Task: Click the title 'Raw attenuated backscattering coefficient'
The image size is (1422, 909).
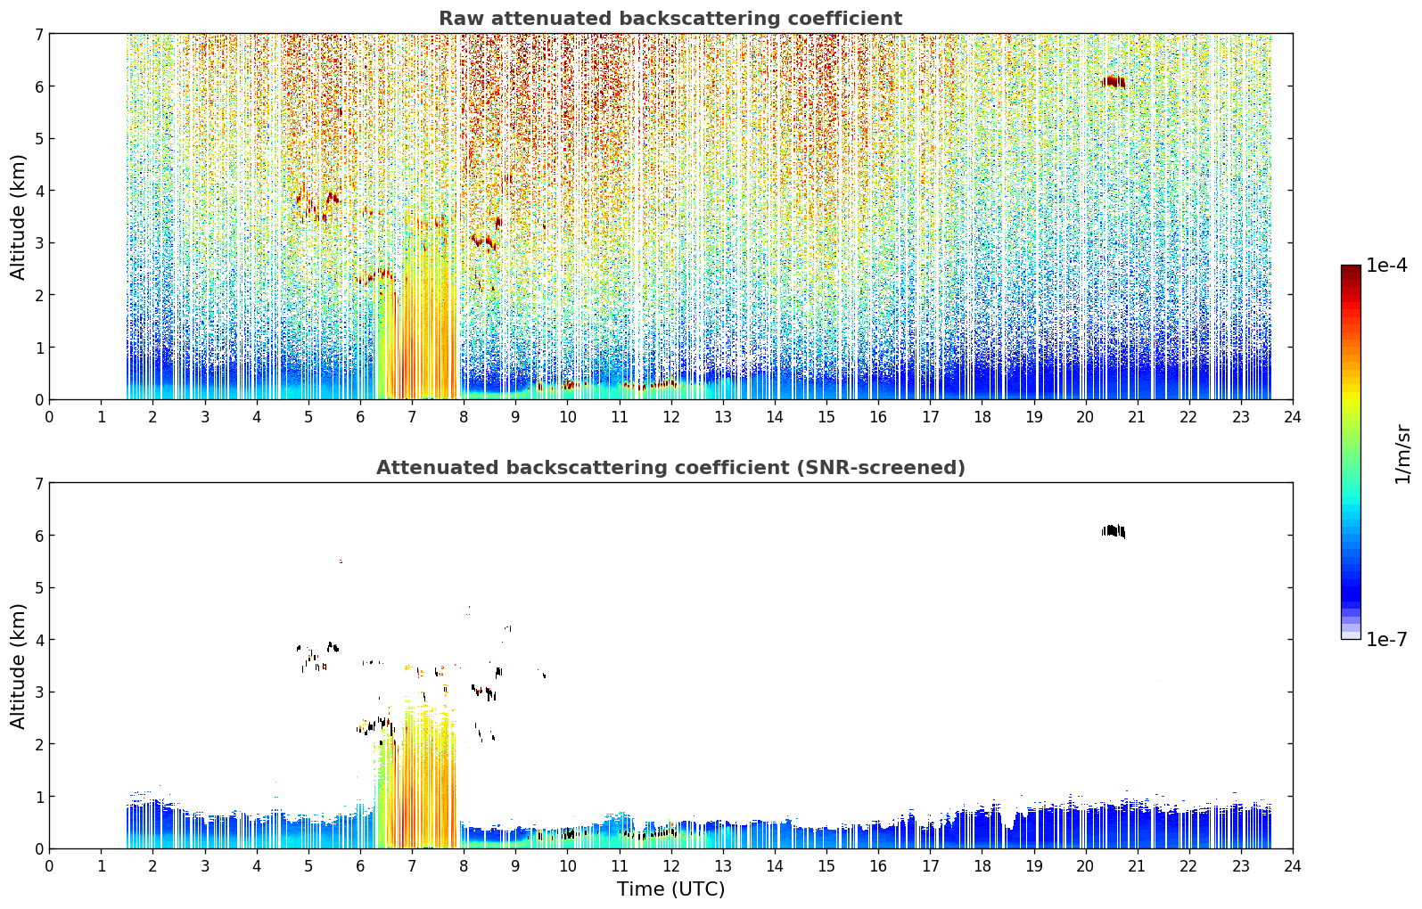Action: tap(670, 19)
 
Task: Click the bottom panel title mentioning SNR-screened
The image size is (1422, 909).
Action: tap(670, 468)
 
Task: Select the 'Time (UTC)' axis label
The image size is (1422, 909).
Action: tap(670, 889)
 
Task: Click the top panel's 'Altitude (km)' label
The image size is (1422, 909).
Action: tap(18, 217)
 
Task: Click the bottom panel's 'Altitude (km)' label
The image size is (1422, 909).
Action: tap(18, 666)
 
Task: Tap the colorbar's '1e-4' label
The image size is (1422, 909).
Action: tap(1386, 266)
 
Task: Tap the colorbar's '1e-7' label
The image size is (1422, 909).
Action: tap(1386, 640)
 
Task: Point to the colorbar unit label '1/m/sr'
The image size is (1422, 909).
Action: tap(1403, 454)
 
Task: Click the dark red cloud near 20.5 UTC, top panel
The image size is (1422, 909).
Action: tap(1113, 82)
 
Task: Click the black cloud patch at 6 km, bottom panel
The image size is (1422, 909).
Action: tap(1113, 530)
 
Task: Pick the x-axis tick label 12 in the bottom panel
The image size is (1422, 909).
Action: tap(671, 866)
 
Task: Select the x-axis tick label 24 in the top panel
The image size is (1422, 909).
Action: tap(1293, 417)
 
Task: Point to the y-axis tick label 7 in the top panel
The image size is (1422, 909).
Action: tap(38, 34)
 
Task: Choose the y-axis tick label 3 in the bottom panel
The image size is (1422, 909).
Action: tap(38, 692)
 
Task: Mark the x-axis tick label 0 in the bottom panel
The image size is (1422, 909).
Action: tap(50, 866)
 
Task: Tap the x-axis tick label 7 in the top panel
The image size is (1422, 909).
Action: tap(412, 417)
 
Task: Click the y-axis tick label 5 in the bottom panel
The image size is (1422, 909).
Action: tap(38, 588)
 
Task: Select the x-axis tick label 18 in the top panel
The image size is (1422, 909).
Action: tap(982, 417)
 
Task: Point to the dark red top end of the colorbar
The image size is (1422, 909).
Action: tap(1351, 267)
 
